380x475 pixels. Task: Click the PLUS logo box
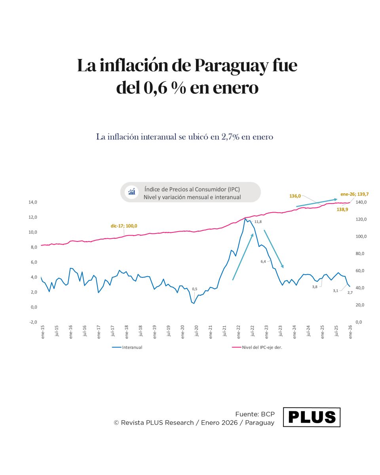(312, 417)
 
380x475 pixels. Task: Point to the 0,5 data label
(194, 289)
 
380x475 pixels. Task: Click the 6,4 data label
(263, 261)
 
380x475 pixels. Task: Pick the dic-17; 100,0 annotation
(124, 226)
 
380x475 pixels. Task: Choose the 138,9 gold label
(342, 209)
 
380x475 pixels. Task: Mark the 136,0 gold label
(295, 196)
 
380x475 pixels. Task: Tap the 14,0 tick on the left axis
(32, 202)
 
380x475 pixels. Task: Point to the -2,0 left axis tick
(32, 322)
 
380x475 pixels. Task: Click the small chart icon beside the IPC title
(131, 192)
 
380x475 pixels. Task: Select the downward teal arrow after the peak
(273, 248)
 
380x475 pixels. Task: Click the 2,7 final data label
(350, 292)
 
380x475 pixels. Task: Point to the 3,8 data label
(315, 287)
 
